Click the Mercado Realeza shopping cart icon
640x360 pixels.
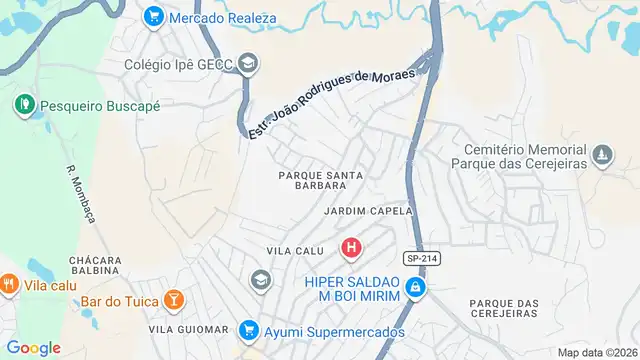(153, 17)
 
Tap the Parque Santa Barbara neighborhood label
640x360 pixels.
(320, 179)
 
